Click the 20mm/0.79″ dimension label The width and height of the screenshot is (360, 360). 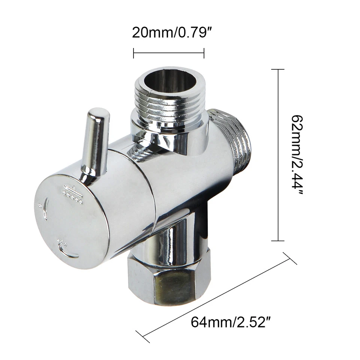pos(169,33)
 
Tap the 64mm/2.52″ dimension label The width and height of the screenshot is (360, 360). pos(231,322)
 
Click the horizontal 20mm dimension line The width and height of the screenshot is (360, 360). pos(169,52)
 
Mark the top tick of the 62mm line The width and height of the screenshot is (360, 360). pos(277,69)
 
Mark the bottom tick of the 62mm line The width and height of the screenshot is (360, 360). pos(277,241)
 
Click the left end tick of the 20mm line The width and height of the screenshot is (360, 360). pos(133,52)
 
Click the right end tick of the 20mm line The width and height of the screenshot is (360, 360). pos(204,52)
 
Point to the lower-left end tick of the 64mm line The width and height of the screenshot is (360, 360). pos(143,336)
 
